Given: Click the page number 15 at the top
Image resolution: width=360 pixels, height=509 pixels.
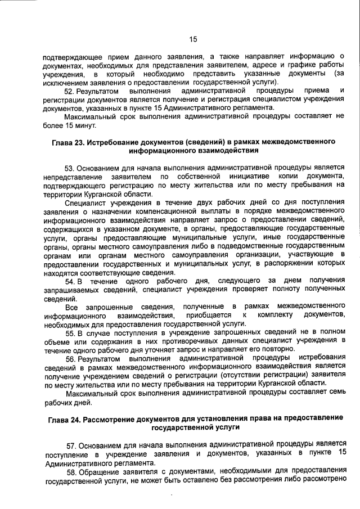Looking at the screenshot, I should click(x=192, y=39).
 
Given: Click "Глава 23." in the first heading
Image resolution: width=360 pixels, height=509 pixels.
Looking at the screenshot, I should click(x=70, y=141).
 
